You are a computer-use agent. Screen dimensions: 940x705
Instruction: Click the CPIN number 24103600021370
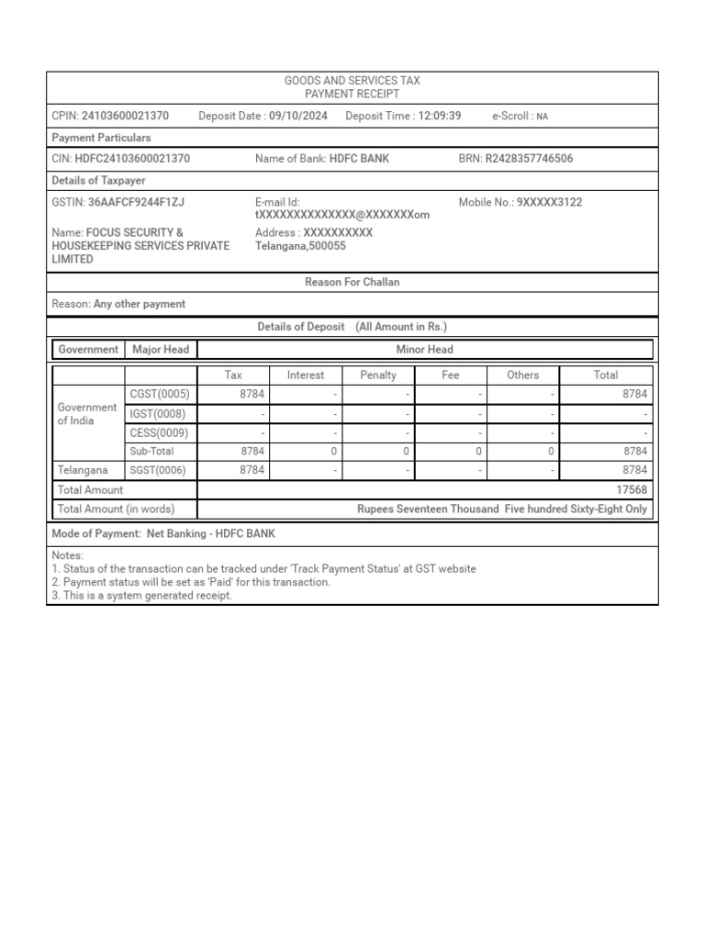tap(125, 116)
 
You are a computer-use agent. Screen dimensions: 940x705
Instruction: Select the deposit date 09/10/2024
tap(298, 116)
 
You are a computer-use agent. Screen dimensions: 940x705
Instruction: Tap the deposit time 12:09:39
tap(439, 116)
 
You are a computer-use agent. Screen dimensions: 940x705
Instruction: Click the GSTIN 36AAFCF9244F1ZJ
tap(136, 202)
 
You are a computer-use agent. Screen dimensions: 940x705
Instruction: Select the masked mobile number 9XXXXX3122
tap(549, 202)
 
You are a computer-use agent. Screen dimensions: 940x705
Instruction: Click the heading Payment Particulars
tap(101, 138)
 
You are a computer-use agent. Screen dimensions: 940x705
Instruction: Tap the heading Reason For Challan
tap(352, 282)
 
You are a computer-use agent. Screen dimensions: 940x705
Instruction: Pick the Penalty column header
tap(378, 375)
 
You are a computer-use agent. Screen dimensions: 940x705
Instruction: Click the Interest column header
tap(306, 375)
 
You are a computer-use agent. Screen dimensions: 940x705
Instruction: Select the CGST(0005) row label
tap(160, 394)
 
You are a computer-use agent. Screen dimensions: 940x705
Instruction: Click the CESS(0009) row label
tap(159, 432)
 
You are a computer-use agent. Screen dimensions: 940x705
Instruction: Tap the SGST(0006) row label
tap(159, 470)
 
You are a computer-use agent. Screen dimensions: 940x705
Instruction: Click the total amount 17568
tap(632, 490)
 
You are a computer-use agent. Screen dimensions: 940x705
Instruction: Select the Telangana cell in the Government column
tap(83, 470)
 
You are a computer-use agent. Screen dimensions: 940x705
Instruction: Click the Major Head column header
tap(161, 349)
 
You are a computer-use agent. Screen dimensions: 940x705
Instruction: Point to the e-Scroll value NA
tap(542, 117)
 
